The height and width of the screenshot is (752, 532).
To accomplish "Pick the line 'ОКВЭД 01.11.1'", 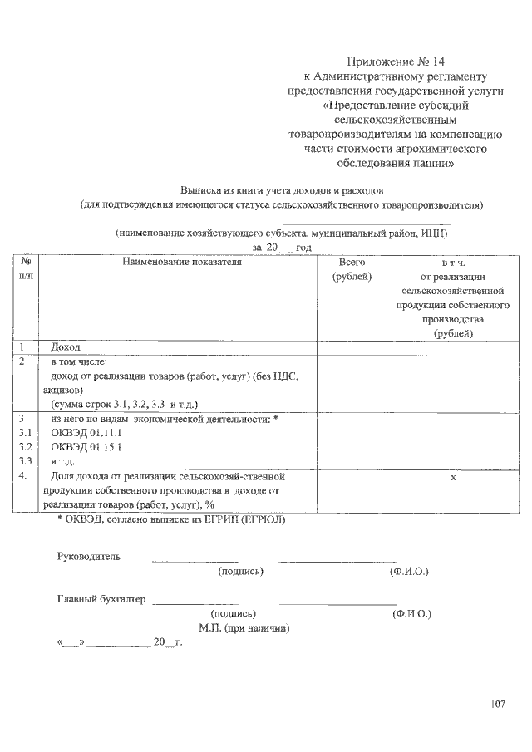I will point(86,433).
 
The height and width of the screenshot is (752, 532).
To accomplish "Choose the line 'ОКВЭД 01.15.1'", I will point(86,446).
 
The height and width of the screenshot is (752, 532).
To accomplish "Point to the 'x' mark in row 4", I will point(453,478).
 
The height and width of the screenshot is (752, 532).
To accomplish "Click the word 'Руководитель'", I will point(89,556).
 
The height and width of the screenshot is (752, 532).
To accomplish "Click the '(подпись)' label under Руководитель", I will point(240,572).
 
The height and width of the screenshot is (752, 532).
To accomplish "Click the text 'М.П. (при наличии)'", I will point(244,628).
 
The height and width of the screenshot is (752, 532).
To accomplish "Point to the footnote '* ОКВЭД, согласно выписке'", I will point(170,519).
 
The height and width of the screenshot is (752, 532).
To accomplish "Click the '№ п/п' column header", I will point(26,268).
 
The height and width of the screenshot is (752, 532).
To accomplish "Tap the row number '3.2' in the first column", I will point(25,446).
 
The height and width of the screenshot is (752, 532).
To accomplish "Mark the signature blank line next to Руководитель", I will point(195,562).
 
